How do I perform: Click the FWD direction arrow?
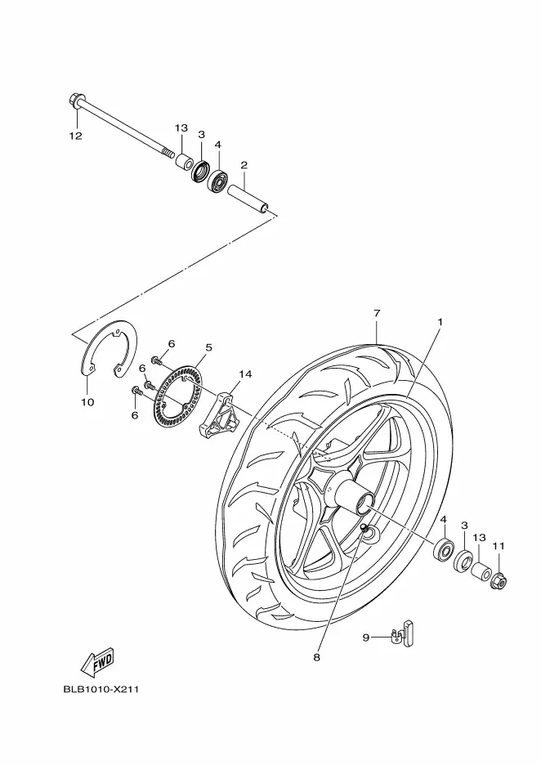tap(97, 662)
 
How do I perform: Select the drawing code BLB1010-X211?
tap(101, 689)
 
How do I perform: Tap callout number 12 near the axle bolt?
tap(76, 136)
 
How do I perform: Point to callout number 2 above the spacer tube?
tap(244, 165)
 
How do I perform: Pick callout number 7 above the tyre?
tap(377, 313)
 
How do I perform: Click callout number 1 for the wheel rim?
tap(440, 322)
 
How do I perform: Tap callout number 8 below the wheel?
tap(316, 658)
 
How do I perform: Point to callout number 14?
tap(245, 374)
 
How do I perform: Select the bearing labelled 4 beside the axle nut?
tap(445, 550)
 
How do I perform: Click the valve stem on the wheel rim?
tap(364, 528)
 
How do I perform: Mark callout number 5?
tap(208, 347)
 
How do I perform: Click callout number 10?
tap(87, 402)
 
